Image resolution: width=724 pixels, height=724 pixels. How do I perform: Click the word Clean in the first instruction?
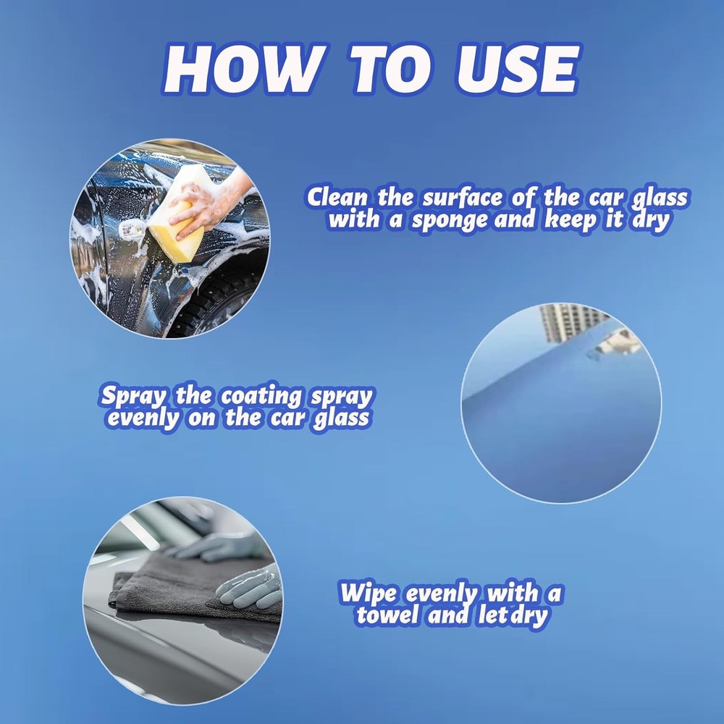[x=337, y=197]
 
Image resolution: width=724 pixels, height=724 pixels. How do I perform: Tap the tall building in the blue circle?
[x=572, y=322]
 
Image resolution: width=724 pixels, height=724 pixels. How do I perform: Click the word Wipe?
[x=368, y=594]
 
